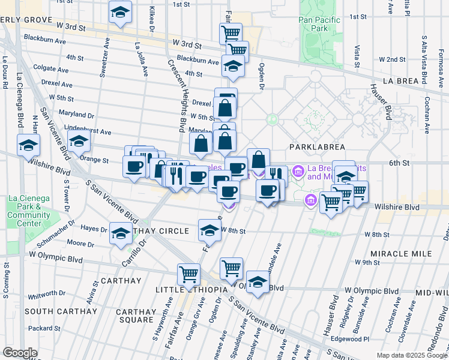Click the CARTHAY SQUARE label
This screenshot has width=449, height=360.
point(136,316)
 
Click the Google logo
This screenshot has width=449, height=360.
point(20,353)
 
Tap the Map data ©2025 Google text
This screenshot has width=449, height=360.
point(412,355)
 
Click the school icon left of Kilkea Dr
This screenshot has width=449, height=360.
point(120,11)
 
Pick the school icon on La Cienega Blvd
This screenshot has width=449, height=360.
point(28,145)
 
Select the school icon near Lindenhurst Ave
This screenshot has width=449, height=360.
point(79,142)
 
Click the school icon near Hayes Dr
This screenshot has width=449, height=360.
point(121,232)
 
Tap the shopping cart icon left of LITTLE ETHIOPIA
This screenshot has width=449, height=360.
point(188,274)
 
